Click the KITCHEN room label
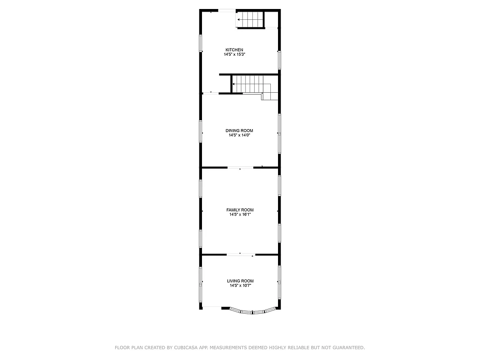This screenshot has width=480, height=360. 234,49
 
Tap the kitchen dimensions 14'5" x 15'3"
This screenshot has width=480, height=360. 234,54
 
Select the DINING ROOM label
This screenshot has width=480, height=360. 239,130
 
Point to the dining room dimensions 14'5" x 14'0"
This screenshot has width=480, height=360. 239,135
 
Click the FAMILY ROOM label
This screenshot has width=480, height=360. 240,210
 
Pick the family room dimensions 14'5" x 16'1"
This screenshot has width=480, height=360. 240,215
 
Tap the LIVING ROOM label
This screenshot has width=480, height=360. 240,281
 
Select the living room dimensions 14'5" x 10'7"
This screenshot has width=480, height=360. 240,285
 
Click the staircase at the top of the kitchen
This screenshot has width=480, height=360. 250,20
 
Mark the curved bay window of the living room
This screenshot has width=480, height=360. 252,310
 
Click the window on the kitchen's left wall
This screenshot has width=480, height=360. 201,43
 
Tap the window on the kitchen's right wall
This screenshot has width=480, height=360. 279,60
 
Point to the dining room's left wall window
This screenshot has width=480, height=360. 201,131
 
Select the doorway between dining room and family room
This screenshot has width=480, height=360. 240,167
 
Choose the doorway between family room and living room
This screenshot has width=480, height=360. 240,255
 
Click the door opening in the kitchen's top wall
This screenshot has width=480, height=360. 226,10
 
